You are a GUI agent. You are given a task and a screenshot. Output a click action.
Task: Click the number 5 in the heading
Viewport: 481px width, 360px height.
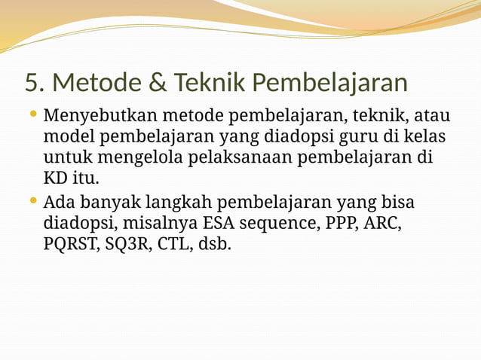click(x=31, y=81)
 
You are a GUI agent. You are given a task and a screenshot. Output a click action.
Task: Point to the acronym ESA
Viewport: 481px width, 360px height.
click(x=218, y=224)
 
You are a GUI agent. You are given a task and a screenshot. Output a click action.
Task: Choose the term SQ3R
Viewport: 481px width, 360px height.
click(x=124, y=245)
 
